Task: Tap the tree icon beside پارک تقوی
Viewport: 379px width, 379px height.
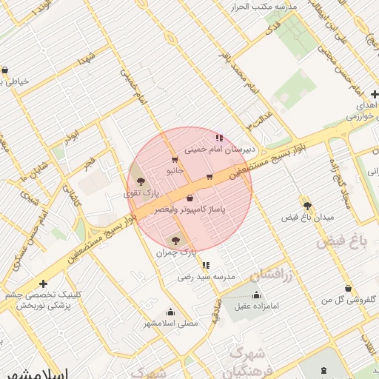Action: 141,181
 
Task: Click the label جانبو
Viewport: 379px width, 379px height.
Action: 174,170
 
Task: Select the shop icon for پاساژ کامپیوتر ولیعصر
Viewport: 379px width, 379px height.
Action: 190,198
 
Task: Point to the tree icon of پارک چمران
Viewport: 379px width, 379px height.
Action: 175,240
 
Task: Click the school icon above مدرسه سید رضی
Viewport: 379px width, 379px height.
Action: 206,264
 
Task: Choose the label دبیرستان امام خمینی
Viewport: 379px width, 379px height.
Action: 219,149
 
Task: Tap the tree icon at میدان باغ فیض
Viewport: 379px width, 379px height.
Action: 306,205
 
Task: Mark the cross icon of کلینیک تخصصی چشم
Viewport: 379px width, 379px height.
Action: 44,284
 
